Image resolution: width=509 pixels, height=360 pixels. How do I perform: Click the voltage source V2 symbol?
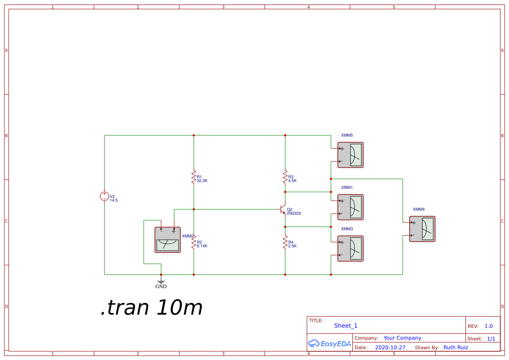(104, 196)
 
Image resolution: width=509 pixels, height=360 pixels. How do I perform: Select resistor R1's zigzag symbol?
(194, 177)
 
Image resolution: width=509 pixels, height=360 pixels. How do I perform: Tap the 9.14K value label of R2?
(202, 246)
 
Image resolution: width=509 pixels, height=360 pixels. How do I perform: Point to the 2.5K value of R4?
(292, 246)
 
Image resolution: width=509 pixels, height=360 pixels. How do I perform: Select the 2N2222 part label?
(294, 213)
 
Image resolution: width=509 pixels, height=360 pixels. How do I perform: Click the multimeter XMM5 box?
(351, 155)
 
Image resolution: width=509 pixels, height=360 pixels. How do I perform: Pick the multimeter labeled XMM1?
(351, 207)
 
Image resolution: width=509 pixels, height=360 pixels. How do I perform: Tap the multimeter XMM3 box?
(351, 249)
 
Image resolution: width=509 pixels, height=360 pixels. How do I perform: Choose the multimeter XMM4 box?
(422, 229)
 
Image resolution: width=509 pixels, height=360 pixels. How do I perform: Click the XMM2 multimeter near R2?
(168, 240)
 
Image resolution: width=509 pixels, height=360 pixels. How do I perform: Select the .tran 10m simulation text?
(152, 308)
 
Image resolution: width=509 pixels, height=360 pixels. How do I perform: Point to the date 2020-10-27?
(390, 347)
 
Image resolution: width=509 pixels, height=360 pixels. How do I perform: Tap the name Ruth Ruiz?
(456, 347)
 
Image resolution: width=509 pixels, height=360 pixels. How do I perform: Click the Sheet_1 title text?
(346, 326)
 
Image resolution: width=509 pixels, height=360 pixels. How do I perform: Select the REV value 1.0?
(489, 326)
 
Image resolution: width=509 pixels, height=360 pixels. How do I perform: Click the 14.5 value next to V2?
(114, 200)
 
